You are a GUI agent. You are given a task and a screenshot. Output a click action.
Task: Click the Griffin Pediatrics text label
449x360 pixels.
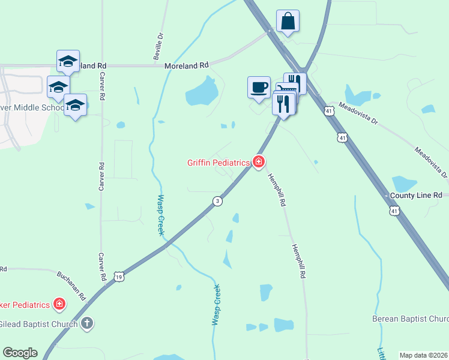[x=218, y=162]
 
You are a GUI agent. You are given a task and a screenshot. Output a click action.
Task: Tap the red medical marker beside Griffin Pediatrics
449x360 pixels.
[x=259, y=162]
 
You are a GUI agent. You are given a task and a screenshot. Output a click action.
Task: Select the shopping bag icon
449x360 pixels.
[x=288, y=21]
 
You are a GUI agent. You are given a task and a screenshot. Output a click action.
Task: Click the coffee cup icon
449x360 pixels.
[x=259, y=88]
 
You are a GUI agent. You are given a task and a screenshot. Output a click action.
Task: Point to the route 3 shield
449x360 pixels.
[x=218, y=201]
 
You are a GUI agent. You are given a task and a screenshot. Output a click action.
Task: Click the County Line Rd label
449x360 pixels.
[x=415, y=196]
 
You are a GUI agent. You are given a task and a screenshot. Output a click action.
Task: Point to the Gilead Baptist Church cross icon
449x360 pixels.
[x=87, y=324]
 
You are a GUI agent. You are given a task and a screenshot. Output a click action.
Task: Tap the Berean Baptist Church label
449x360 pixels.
[x=410, y=318]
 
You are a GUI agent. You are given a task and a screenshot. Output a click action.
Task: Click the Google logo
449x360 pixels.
[x=20, y=353]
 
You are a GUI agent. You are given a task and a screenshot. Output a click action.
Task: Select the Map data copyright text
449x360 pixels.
[x=423, y=355]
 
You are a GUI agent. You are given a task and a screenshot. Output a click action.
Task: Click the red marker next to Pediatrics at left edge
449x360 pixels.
[x=59, y=304]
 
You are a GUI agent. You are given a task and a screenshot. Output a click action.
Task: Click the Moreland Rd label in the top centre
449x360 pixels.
[x=187, y=64]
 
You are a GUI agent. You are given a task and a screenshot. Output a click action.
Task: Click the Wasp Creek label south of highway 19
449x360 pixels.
[x=217, y=305]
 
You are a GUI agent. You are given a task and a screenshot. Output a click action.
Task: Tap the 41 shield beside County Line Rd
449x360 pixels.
[x=394, y=211]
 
